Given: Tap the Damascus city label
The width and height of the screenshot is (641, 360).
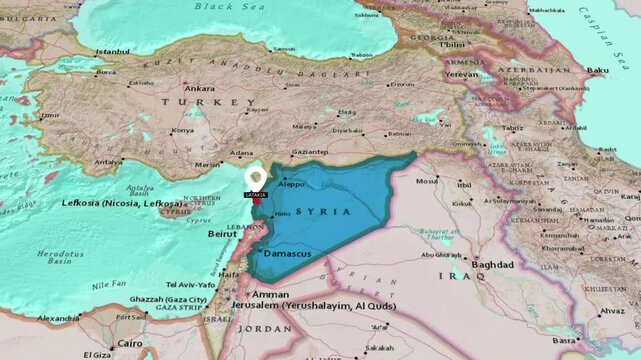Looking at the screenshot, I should pos(287,255).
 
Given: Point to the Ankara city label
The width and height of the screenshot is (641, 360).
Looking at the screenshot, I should pos(200,88).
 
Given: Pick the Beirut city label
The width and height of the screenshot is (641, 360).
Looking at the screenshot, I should pos(222,233).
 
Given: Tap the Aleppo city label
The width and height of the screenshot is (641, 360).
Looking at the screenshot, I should pos(291,185).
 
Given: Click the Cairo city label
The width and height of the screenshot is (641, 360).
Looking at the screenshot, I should pos(130,343).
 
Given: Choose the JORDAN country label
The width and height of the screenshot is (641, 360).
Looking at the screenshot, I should pos(264,328).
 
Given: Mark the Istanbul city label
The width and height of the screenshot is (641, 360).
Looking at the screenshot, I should pos(113,51).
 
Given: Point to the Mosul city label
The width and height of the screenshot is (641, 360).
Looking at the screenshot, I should pos(428,183).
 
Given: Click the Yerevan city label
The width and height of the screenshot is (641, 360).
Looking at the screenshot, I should pos(462,74).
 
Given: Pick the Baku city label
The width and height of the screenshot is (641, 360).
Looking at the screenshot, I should pos(598,71).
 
